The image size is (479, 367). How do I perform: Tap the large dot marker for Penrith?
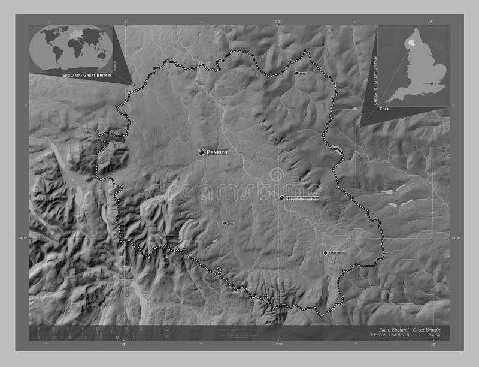[x=201, y=153]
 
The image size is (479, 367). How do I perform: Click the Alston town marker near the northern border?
[x=296, y=73]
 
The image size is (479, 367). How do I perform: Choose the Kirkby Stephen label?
[x=338, y=253]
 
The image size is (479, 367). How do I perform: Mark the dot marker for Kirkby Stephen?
[x=325, y=253]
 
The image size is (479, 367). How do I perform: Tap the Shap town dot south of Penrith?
[x=225, y=223]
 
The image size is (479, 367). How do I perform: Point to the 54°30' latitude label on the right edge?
[x=456, y=239]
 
